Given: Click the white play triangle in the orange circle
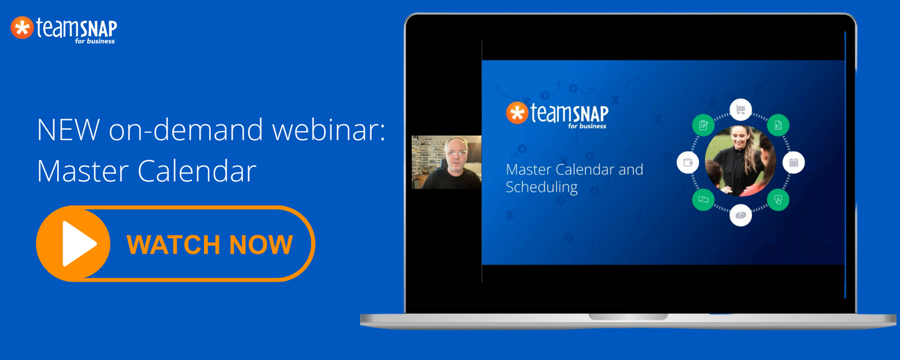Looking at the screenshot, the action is pyautogui.click(x=79, y=244).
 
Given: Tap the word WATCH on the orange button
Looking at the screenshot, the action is pyautogui.click(x=173, y=244).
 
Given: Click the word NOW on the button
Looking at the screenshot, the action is pyautogui.click(x=261, y=244).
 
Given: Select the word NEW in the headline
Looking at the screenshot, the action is pyautogui.click(x=68, y=130).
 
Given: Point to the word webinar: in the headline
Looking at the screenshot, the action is pyautogui.click(x=329, y=130).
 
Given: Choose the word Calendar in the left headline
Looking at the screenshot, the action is pyautogui.click(x=197, y=170).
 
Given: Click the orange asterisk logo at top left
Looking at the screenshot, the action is pyautogui.click(x=22, y=28).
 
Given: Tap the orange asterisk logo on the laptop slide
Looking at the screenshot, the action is pyautogui.click(x=517, y=113).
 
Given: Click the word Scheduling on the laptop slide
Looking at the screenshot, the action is pyautogui.click(x=542, y=187).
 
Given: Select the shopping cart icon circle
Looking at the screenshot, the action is pyautogui.click(x=740, y=109).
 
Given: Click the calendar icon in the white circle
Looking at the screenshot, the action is pyautogui.click(x=794, y=163).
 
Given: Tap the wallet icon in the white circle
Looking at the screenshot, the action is pyautogui.click(x=688, y=163).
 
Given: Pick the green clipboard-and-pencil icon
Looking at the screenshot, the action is pyautogui.click(x=703, y=125).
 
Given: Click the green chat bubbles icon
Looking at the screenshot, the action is pyautogui.click(x=703, y=200).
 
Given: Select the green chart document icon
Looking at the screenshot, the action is pyautogui.click(x=778, y=125).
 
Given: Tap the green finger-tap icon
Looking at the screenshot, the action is pyautogui.click(x=778, y=200).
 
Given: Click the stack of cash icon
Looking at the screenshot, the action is pyautogui.click(x=740, y=215).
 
